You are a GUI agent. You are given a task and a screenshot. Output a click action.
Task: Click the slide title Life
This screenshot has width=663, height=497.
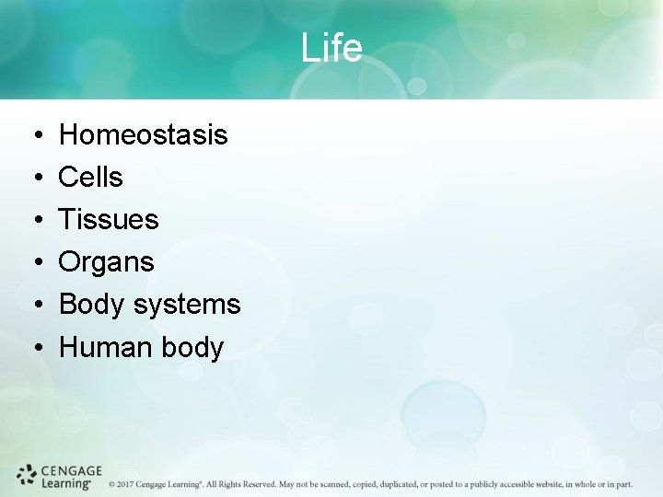pos(331,48)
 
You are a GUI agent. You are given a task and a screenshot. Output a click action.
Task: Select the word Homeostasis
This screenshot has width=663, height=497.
pos(143,135)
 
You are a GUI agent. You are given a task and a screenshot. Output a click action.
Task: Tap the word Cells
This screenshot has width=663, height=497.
pos(90,178)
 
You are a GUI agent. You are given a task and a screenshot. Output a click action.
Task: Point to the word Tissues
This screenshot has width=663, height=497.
pos(109,220)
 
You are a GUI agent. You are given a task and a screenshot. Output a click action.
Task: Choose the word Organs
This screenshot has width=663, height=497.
pos(106,263)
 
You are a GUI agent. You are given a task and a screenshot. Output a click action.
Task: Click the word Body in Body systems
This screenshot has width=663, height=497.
pos(92,305)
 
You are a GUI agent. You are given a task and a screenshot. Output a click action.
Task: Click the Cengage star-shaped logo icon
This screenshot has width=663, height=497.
pos(27,475)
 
